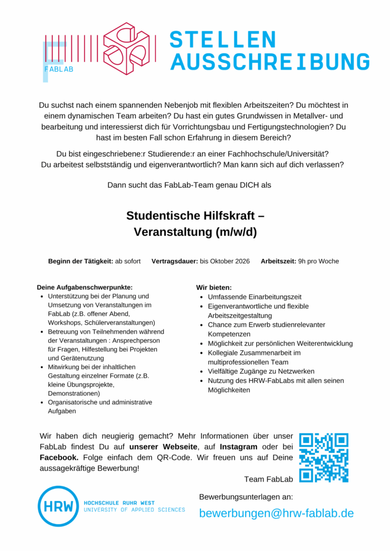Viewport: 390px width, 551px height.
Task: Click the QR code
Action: (323, 457)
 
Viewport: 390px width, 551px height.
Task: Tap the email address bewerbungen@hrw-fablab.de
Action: (276, 513)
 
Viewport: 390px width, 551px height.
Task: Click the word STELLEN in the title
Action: (222, 40)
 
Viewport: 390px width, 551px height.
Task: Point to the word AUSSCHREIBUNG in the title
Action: (270, 62)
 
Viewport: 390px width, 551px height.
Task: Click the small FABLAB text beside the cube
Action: (59, 69)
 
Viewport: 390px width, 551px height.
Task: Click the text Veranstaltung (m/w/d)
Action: (195, 232)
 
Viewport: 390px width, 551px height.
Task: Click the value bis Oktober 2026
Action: (225, 262)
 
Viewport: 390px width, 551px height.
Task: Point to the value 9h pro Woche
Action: (318, 262)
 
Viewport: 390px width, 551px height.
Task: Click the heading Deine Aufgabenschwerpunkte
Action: (85, 287)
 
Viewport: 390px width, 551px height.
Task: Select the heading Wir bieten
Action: (214, 287)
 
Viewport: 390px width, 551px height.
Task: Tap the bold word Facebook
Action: (59, 457)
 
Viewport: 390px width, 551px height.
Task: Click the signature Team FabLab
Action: (268, 479)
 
